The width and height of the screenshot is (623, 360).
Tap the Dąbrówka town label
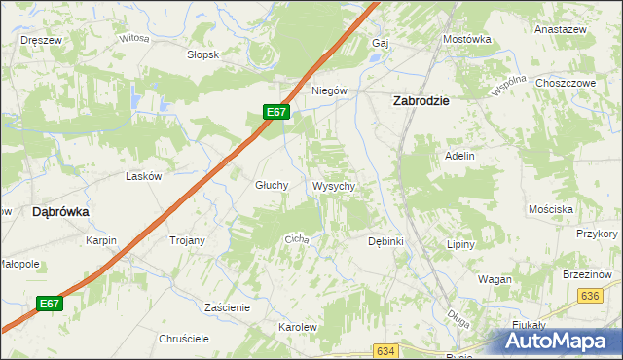[60, 210]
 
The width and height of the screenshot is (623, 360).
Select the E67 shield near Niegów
[276, 112]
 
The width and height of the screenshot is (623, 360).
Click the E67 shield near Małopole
[51, 304]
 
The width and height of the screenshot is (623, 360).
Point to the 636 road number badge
[589, 296]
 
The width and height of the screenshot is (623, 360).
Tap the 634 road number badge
[385, 350]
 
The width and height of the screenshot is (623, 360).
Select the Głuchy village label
[272, 185]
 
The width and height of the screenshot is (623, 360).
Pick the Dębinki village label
[385, 240]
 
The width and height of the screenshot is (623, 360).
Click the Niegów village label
[329, 90]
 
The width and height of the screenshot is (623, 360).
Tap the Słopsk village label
[202, 54]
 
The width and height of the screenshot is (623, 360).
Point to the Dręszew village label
[41, 40]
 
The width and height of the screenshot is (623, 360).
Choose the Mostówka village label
[466, 39]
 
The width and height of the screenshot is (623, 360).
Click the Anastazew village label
[558, 29]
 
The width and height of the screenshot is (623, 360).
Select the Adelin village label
[459, 156]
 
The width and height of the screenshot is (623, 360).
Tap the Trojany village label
[187, 240]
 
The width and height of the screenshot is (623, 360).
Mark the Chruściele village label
[185, 339]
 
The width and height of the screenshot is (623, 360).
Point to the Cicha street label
[296, 238]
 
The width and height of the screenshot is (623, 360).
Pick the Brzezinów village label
[585, 274]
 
